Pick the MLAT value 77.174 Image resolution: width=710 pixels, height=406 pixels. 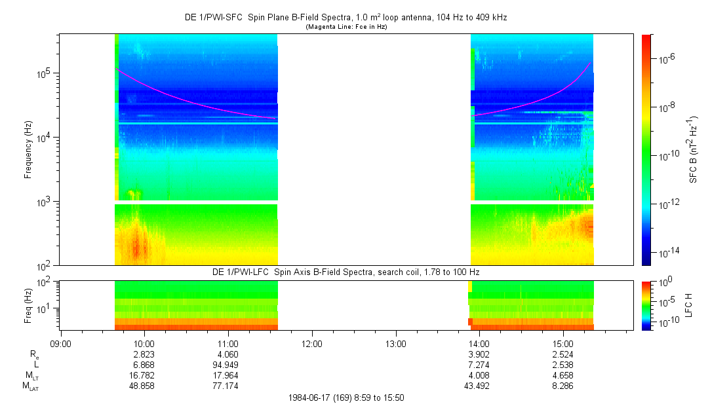click(227, 386)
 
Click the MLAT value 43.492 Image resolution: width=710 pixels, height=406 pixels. click(479, 386)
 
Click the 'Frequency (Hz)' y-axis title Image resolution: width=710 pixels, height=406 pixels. click(28, 149)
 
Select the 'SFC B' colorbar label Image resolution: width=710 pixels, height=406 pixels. click(694, 149)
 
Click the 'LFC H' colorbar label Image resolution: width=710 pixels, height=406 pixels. click(689, 304)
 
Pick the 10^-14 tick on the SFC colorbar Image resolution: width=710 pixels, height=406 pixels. click(669, 252)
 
